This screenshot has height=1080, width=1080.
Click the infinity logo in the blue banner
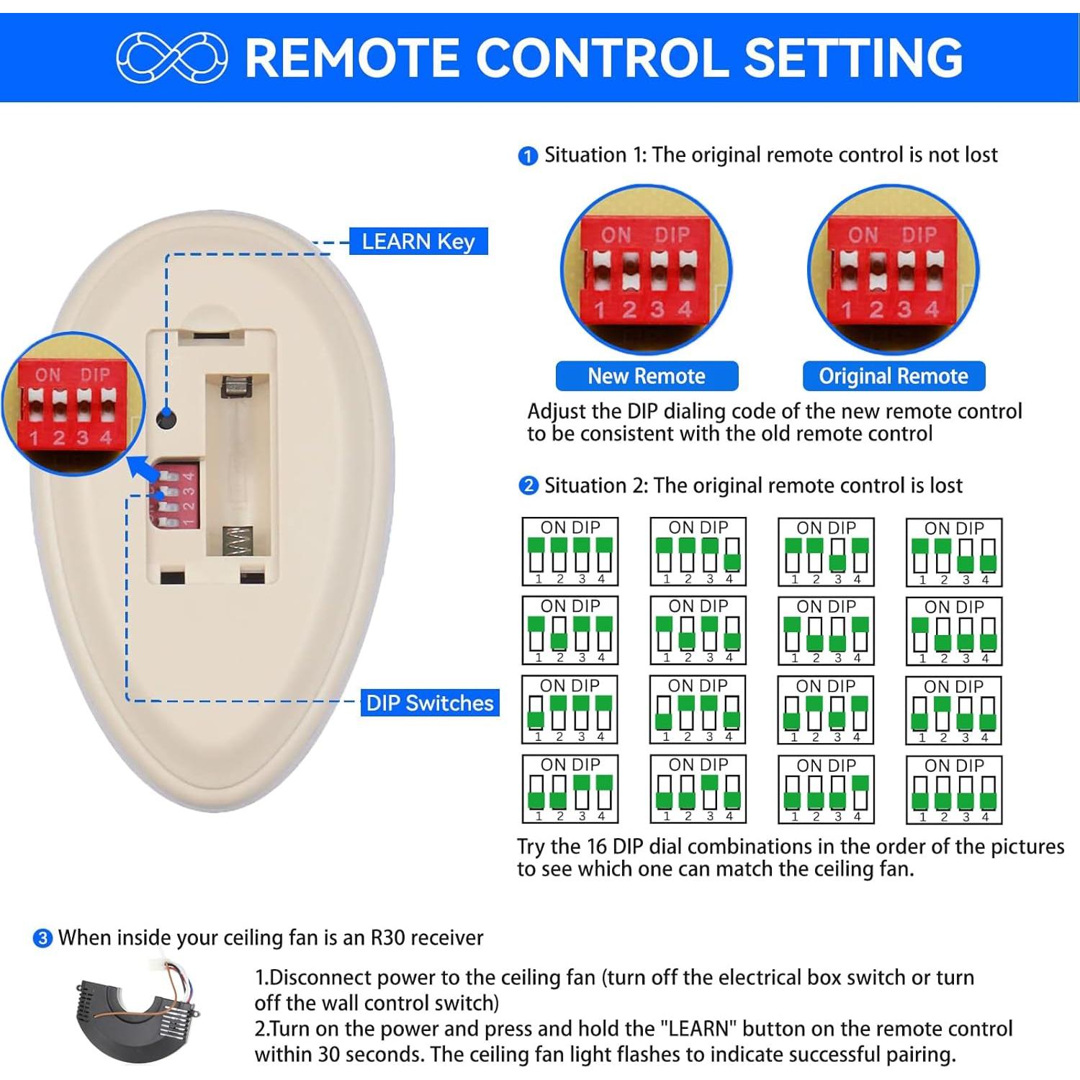pyautogui.click(x=171, y=57)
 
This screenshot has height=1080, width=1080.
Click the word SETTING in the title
pyautogui.click(x=853, y=58)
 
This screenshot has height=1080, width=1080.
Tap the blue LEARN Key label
pyautogui.click(x=418, y=241)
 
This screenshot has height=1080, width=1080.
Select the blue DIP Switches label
pyautogui.click(x=429, y=703)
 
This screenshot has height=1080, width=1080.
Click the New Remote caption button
pyautogui.click(x=646, y=376)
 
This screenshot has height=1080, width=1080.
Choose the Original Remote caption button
pyautogui.click(x=893, y=376)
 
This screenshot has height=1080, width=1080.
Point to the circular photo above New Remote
pyautogui.click(x=646, y=270)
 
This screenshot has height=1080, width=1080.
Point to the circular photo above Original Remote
pyautogui.click(x=893, y=270)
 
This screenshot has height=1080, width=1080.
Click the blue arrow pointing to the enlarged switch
pyautogui.click(x=143, y=469)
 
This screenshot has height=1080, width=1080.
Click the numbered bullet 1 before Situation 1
pyautogui.click(x=528, y=156)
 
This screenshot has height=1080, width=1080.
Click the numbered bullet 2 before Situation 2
pyautogui.click(x=528, y=486)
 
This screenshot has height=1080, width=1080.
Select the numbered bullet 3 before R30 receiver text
pyautogui.click(x=43, y=938)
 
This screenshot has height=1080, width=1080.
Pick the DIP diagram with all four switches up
pyautogui.click(x=570, y=552)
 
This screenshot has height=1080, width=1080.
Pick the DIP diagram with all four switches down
pyautogui.click(x=953, y=789)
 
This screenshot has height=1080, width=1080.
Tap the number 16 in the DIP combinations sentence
pyautogui.click(x=594, y=847)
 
